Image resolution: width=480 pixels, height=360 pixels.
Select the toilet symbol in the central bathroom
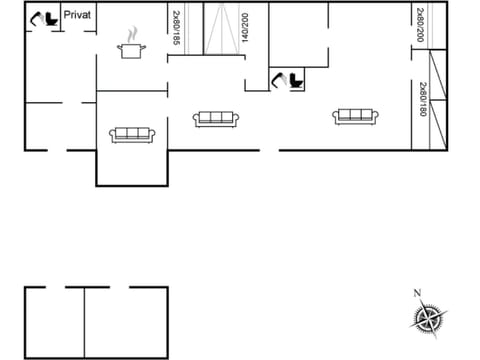pos(294,81)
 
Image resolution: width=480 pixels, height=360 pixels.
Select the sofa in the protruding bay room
pos(132,134)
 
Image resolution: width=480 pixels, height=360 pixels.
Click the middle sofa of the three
pos(216,118)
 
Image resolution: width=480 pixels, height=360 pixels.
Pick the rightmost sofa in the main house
pos(355,116)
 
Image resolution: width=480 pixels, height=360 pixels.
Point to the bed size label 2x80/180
pos(423,100)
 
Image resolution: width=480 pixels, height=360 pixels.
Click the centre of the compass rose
pos(427,320)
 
